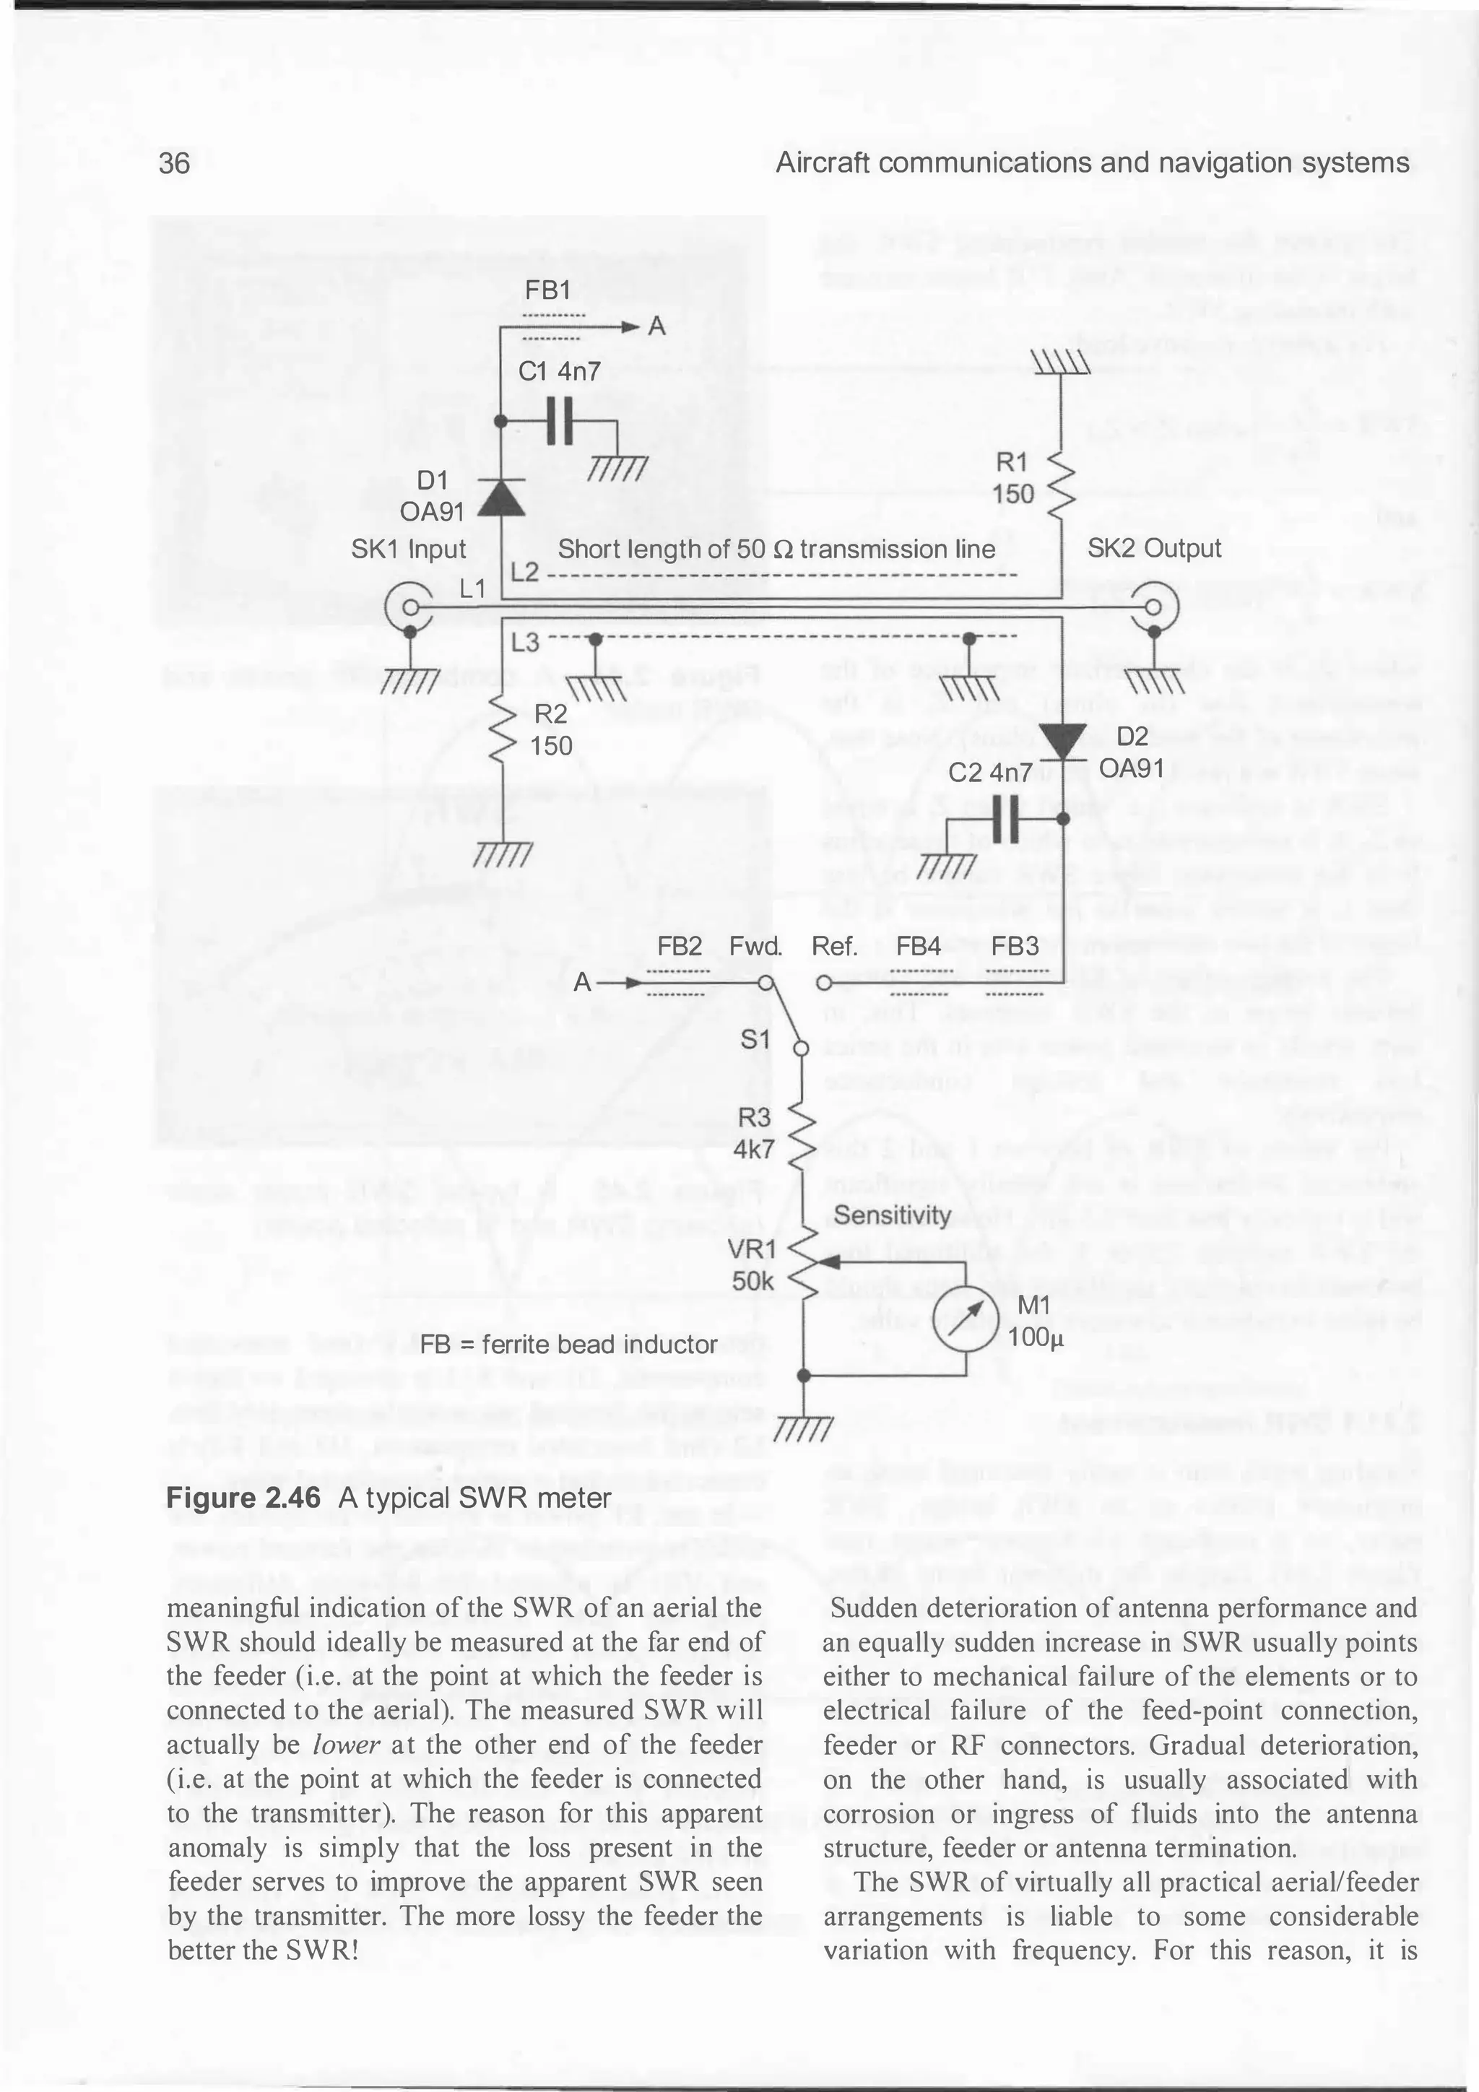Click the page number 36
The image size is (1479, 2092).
point(174,163)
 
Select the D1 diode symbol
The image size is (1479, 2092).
point(501,497)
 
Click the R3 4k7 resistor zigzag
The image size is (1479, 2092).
point(803,1134)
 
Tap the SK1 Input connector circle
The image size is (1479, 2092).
point(410,607)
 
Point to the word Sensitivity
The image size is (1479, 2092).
point(880,1215)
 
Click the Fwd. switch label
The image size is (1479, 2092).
point(755,946)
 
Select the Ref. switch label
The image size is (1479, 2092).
point(835,946)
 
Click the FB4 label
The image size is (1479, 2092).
point(918,946)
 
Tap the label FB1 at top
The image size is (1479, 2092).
point(547,290)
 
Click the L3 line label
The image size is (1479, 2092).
point(525,643)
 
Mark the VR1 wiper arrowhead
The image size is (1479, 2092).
point(828,1262)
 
